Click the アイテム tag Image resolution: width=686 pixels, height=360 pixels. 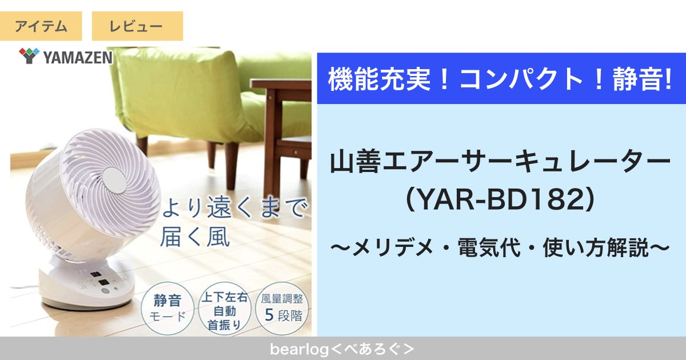(41, 26)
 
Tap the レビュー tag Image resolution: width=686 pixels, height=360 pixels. (137, 26)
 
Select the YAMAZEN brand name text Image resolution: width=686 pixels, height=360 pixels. (78, 58)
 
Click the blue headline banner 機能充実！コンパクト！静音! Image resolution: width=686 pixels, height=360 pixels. (501, 78)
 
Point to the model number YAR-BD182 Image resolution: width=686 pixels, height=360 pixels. (500, 200)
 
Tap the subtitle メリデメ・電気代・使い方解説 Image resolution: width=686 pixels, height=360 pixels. (500, 247)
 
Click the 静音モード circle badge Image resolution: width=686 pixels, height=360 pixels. (167, 309)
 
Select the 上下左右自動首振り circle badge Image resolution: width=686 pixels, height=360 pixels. (225, 309)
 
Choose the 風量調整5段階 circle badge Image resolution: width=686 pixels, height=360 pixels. (282, 309)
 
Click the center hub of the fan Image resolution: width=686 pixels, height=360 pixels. (114, 181)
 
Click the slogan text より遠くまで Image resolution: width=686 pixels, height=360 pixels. (234, 208)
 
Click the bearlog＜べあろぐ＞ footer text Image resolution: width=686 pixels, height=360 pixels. (342, 349)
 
